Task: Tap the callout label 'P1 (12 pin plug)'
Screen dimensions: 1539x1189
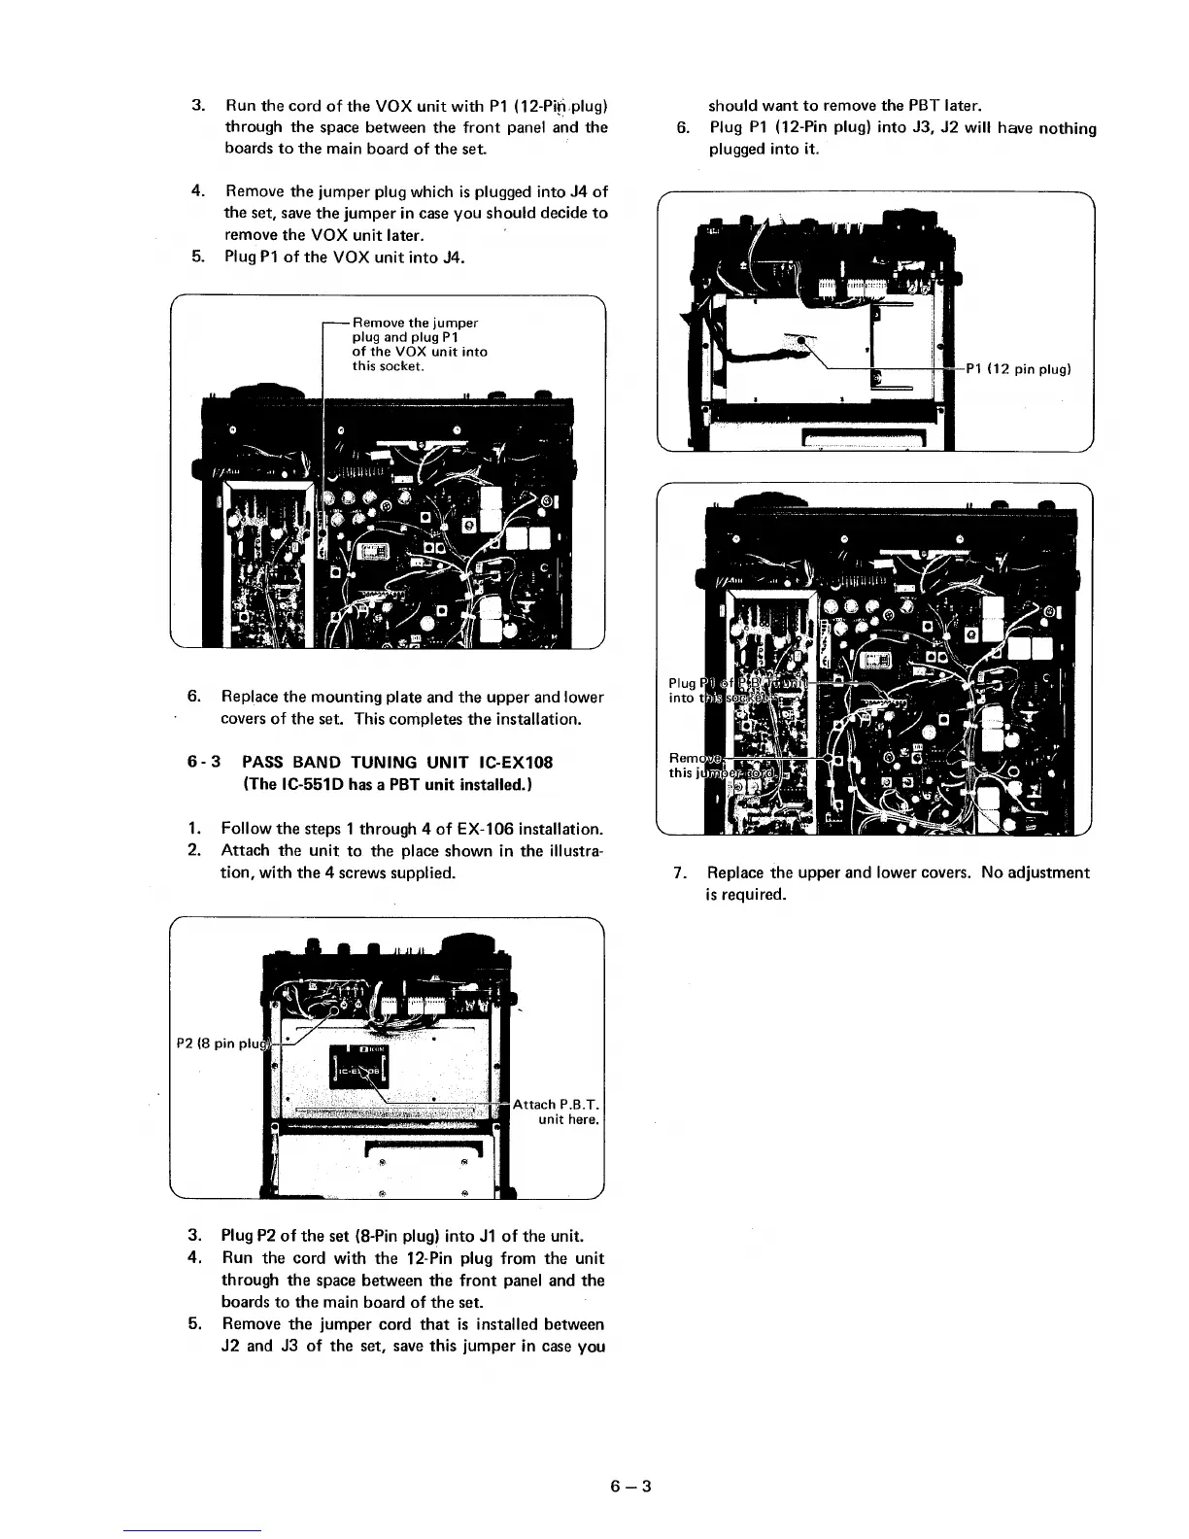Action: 1017,369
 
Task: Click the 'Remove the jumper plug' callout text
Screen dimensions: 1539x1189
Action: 415,323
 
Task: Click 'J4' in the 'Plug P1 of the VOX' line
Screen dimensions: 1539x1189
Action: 454,257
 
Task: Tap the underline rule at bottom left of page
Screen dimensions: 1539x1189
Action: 193,1530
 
